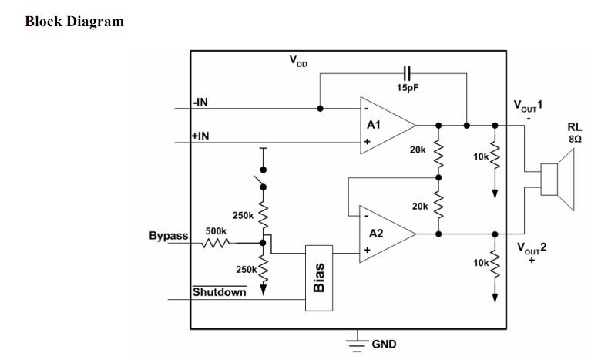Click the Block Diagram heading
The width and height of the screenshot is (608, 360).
(74, 22)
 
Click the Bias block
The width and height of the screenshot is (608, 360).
(319, 278)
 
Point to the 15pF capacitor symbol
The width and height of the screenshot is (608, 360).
(408, 72)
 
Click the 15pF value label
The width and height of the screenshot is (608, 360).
(408, 88)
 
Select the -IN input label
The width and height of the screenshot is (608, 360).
(201, 103)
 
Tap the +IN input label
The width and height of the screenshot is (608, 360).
(201, 136)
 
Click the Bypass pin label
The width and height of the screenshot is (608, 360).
(168, 236)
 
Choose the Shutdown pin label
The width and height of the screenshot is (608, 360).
(220, 292)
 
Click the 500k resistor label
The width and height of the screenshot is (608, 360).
(216, 230)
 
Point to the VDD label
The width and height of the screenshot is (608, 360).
(297, 60)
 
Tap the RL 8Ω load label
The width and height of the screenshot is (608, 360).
(575, 133)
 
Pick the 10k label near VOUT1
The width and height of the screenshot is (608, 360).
(481, 156)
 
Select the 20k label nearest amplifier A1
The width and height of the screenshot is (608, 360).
(418, 150)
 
